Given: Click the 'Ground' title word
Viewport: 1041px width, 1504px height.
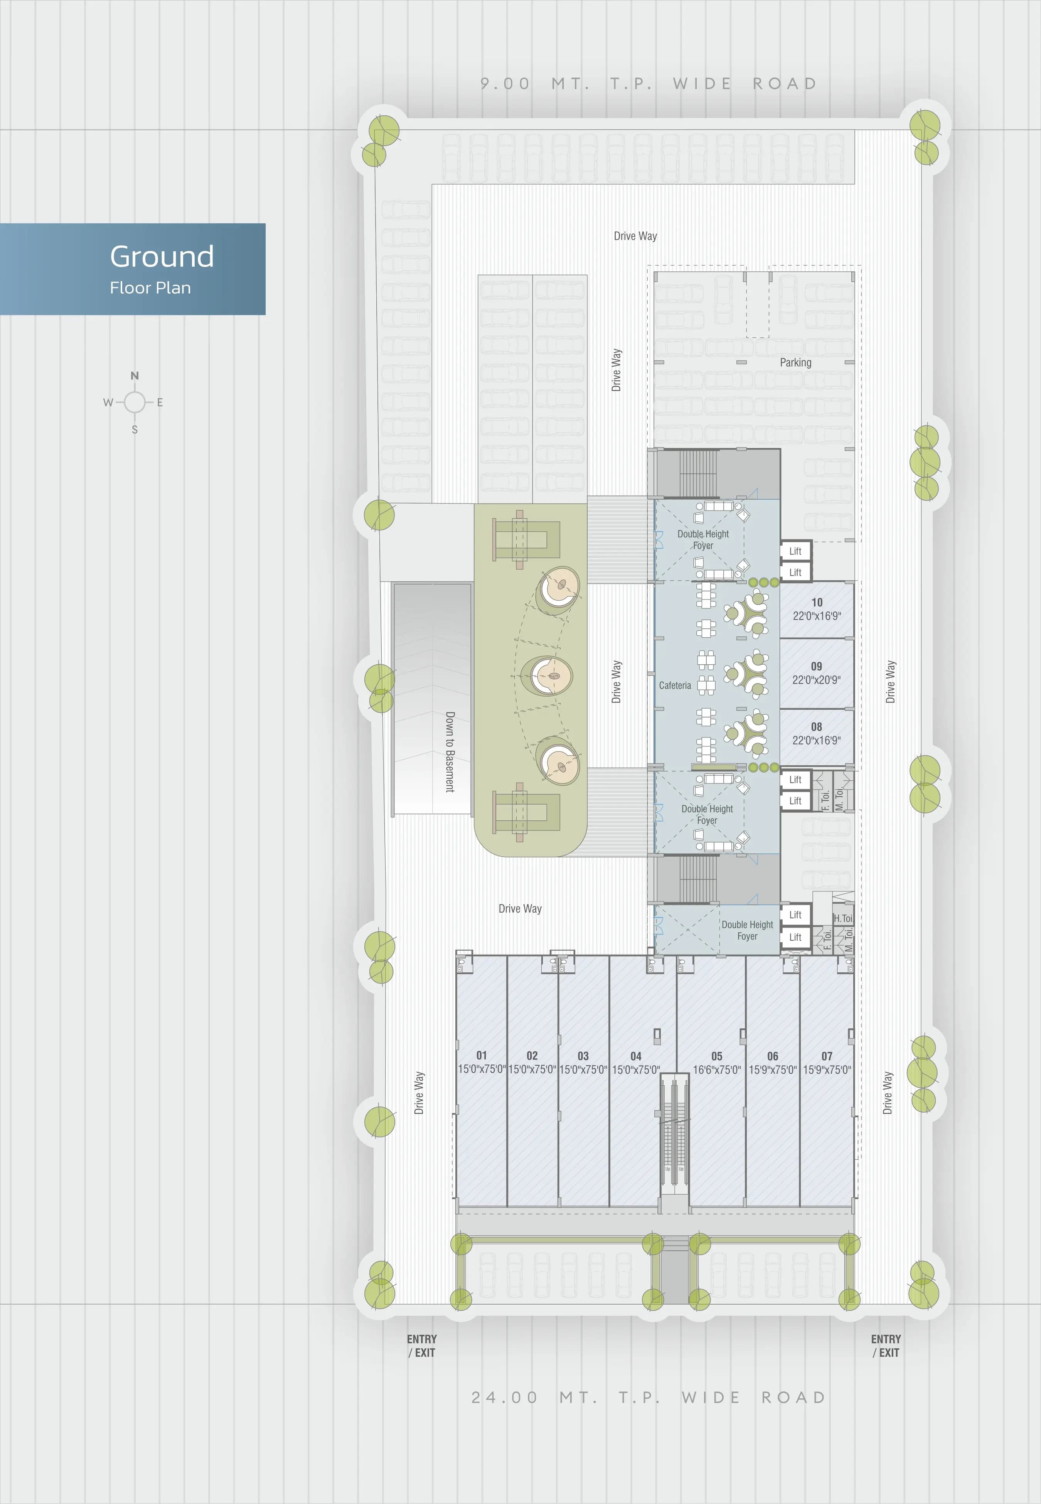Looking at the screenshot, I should click(162, 256).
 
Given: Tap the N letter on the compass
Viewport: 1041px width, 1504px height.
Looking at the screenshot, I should click(134, 376).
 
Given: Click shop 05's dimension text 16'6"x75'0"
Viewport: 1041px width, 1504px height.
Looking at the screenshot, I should click(717, 1069).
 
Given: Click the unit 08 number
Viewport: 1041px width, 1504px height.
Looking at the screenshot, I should click(817, 727).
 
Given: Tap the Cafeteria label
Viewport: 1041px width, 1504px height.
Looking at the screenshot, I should click(674, 685).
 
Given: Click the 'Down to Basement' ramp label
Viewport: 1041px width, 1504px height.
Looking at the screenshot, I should click(450, 751).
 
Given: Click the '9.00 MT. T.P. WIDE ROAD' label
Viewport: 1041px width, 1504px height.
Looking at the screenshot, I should click(649, 84).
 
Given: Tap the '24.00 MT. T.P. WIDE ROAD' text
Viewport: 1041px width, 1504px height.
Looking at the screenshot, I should click(649, 1398).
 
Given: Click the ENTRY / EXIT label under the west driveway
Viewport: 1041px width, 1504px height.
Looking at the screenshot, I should click(421, 1346).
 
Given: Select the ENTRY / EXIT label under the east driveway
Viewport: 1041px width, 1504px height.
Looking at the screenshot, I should click(886, 1346).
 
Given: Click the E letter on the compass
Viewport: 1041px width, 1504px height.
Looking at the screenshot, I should click(160, 403).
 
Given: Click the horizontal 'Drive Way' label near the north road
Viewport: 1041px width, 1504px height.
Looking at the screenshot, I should click(635, 236).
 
